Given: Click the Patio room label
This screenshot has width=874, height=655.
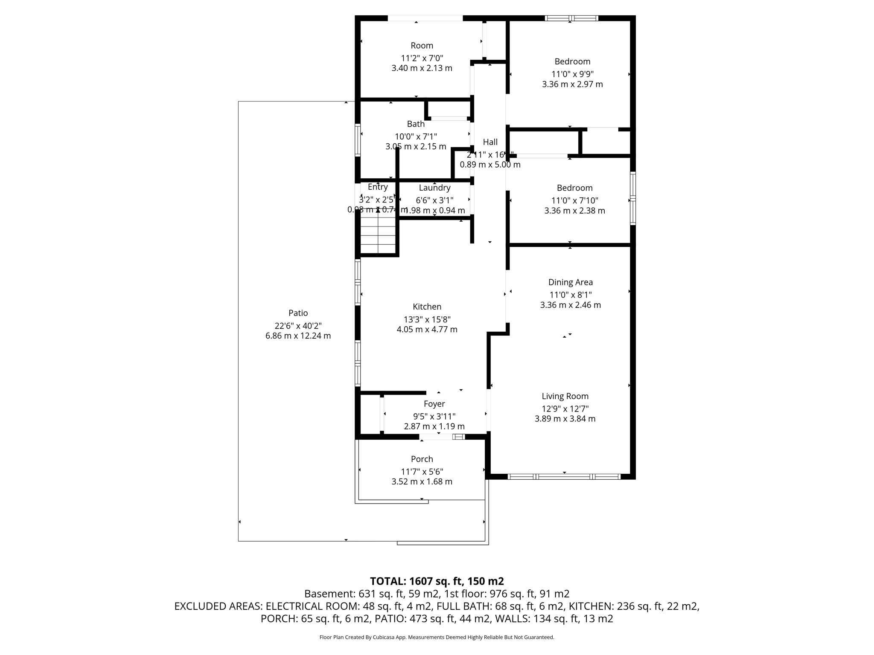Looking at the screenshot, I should [x=298, y=313].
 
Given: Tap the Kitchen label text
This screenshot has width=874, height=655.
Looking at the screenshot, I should [x=427, y=307].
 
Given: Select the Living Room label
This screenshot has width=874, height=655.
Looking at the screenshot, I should [x=565, y=396].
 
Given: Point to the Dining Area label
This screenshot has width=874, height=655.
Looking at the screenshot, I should [x=570, y=282].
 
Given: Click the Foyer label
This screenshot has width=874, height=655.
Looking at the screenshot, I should [x=434, y=404].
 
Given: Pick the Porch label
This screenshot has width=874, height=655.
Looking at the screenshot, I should [x=422, y=459].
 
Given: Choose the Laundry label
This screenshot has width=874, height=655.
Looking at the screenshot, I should [x=434, y=188].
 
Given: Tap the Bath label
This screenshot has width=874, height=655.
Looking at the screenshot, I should [x=415, y=124].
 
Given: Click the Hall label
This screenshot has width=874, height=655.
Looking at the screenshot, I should [x=490, y=142].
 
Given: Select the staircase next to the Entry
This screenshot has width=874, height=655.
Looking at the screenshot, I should [x=378, y=235].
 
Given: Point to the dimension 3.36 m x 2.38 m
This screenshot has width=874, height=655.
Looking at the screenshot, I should [x=574, y=211].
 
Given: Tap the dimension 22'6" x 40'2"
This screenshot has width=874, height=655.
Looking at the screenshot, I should [x=298, y=326].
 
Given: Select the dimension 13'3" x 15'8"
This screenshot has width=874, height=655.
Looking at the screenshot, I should [x=427, y=319].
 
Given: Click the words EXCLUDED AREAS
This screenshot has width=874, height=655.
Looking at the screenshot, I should [x=218, y=606].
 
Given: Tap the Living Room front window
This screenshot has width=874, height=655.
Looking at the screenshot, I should [x=564, y=476].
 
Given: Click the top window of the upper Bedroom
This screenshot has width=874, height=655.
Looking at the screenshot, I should [x=571, y=18].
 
